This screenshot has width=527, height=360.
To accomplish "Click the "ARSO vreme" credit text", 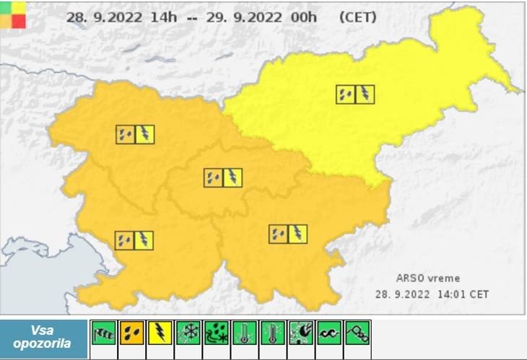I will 427,278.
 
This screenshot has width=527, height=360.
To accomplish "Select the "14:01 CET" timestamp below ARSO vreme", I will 460,294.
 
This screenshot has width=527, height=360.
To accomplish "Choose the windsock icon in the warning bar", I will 104,333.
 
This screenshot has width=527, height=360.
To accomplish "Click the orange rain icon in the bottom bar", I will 132,333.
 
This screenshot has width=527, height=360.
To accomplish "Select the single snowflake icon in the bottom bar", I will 188,333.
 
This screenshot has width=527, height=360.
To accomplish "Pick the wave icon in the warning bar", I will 329,333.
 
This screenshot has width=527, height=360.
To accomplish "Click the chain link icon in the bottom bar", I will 357,333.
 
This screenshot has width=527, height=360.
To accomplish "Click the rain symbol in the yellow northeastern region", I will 346,94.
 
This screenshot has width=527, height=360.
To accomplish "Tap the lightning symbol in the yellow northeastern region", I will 365,94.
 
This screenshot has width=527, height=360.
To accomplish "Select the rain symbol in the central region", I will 213,177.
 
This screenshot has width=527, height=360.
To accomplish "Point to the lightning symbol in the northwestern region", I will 145,134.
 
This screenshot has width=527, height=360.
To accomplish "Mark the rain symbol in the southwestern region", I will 124,240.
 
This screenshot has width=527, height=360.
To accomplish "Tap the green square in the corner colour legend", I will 6,8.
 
